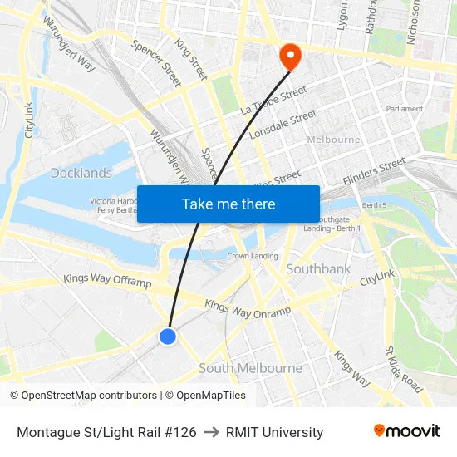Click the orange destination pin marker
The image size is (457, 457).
point(290,57)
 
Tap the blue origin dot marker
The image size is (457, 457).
point(168,336)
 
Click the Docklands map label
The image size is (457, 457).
point(81,173)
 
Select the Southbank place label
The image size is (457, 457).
point(318,269)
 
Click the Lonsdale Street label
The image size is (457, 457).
point(289,122)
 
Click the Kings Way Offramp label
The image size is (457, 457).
point(108,282)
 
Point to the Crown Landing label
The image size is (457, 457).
point(253,256)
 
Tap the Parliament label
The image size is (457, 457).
point(404,109)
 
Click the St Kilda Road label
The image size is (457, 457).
point(403,371)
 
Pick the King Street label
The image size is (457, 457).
point(191,57)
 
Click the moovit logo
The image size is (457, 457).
point(406,431)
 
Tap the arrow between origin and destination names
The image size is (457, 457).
point(211,432)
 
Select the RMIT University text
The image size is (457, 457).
point(274,432)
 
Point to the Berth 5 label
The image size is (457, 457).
point(375,204)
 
